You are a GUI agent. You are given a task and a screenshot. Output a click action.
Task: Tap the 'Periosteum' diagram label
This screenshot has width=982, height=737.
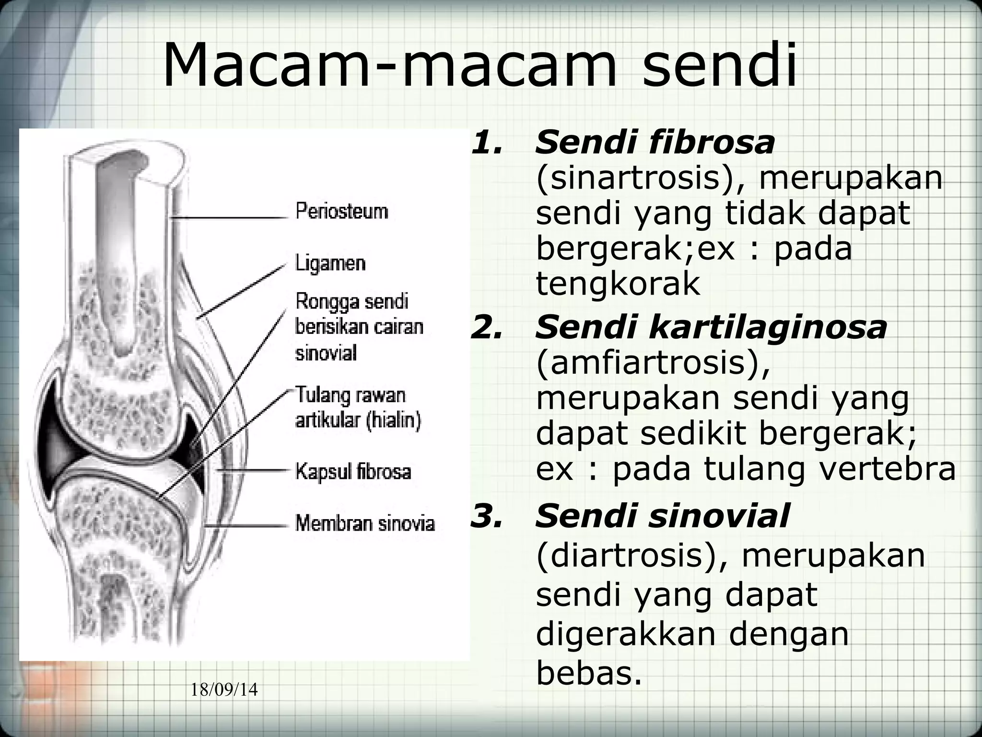click(341, 211)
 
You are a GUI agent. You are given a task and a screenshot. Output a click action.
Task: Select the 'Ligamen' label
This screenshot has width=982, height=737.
click(330, 263)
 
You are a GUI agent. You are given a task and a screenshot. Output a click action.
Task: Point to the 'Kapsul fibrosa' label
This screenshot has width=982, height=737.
click(353, 471)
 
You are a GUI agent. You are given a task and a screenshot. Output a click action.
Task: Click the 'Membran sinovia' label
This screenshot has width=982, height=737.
click(365, 523)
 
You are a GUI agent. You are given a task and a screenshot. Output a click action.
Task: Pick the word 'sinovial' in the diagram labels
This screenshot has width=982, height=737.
click(326, 354)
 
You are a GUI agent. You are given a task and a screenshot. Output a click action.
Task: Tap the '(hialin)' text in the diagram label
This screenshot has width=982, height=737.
click(394, 421)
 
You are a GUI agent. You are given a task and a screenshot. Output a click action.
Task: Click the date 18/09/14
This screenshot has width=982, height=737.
click(224, 690)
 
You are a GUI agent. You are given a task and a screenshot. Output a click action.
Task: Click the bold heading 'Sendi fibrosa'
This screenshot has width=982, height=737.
click(655, 143)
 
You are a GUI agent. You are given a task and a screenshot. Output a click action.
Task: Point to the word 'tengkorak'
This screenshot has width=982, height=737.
click(618, 283)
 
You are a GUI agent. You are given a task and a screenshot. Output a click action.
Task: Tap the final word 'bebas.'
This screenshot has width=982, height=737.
click(588, 673)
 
